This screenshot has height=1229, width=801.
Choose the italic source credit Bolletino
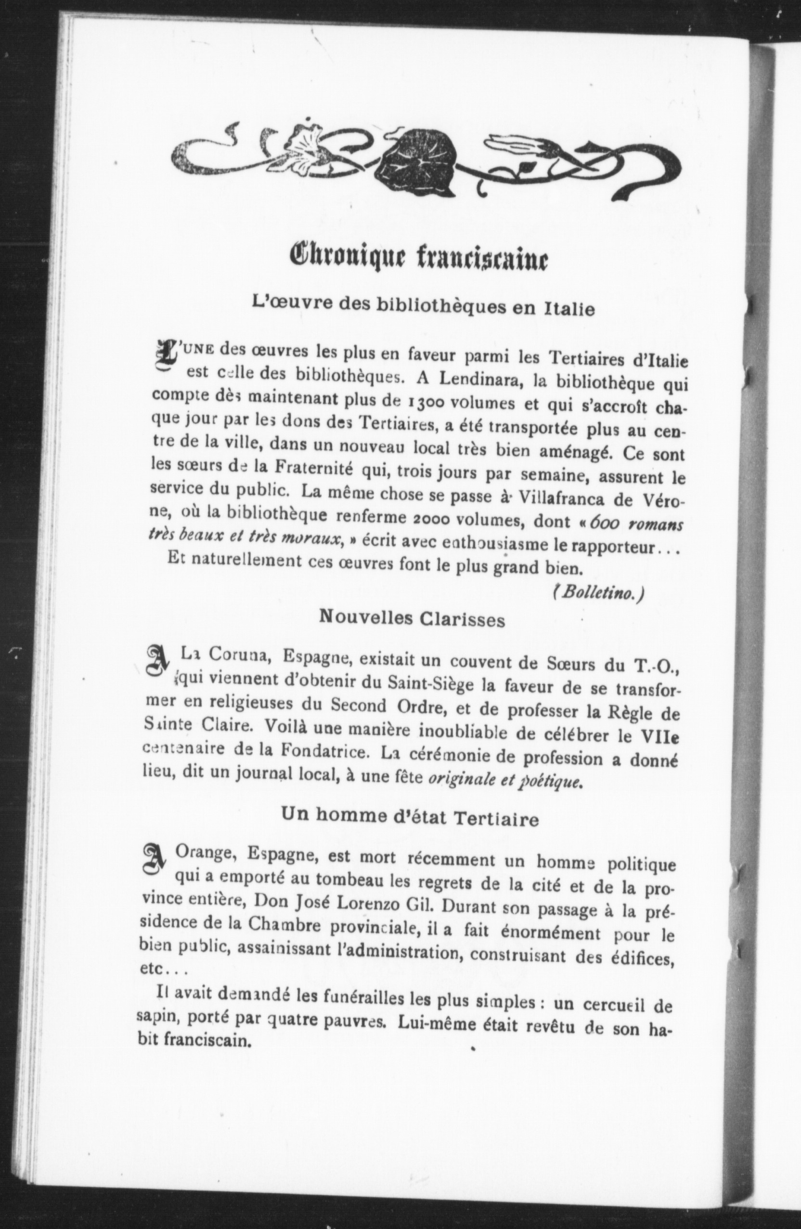click(598, 593)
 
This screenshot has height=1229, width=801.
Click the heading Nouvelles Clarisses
click(412, 618)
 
